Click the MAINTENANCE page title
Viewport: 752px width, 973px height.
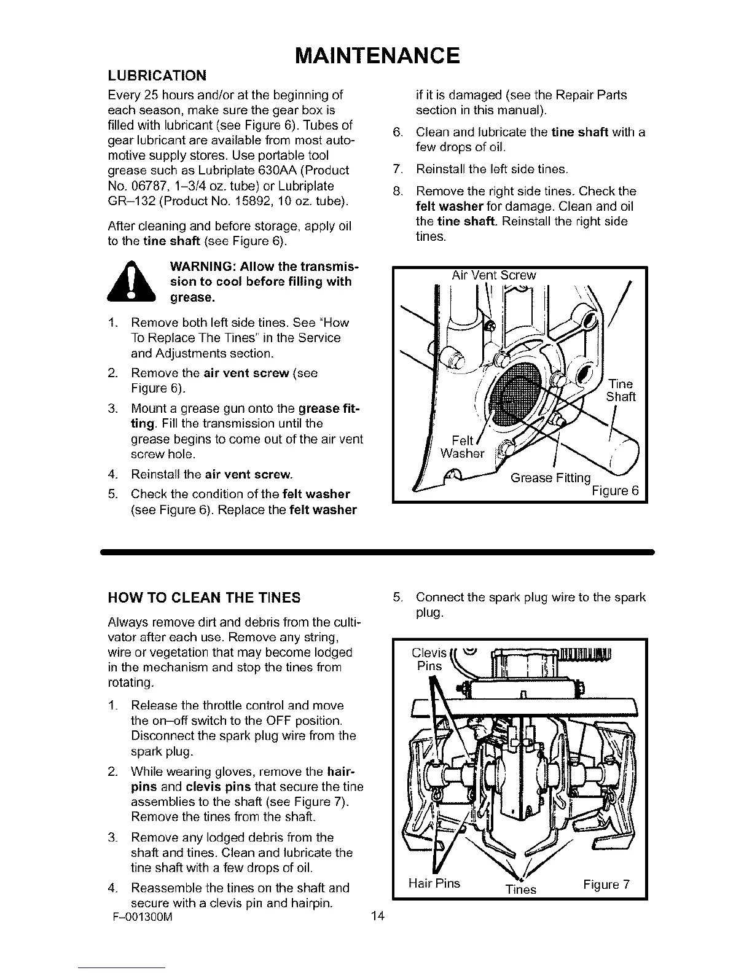377,55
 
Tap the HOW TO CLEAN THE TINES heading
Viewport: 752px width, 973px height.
204,598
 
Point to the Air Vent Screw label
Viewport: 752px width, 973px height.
493,276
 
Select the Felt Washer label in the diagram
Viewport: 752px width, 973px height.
462,447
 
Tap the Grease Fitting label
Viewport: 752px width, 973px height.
550,478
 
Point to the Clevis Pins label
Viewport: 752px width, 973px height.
429,659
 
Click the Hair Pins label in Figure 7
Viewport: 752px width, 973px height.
434,883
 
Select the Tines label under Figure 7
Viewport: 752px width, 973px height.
520,889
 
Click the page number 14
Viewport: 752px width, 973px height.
377,917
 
